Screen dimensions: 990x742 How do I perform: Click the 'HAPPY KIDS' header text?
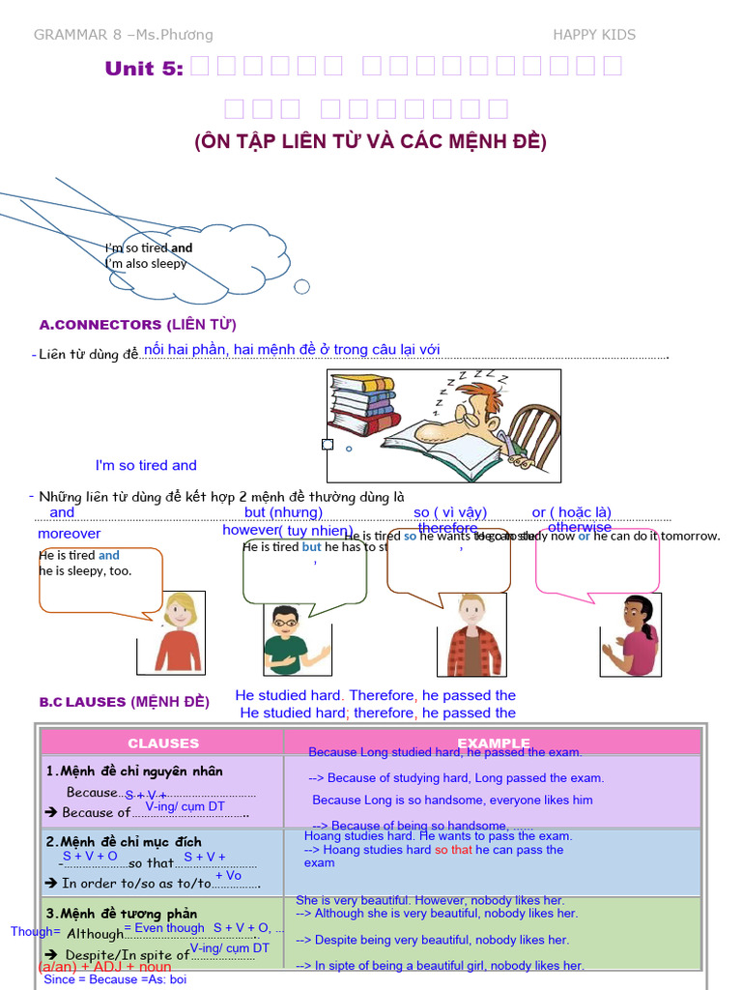[x=593, y=35]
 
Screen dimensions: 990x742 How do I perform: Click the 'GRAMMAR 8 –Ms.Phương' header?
[x=123, y=35]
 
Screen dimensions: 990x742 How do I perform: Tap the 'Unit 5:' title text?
[x=143, y=68]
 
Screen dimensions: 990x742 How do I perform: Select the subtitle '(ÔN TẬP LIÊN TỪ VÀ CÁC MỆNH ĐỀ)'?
[x=370, y=141]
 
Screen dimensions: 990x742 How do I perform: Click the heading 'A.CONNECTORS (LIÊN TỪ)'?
[x=137, y=324]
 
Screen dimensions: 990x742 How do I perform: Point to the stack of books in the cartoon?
[x=363, y=403]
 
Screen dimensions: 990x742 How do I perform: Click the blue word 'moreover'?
[x=69, y=534]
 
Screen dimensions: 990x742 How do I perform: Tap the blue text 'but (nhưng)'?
[x=283, y=512]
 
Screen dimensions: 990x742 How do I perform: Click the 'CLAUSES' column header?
[x=163, y=742]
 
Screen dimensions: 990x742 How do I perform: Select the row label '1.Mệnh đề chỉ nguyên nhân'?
[x=134, y=771]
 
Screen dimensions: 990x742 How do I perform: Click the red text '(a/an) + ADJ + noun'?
[x=104, y=966]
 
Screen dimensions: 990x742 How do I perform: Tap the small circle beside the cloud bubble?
[x=301, y=286]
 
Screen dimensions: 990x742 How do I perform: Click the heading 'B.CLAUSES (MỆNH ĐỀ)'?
[x=124, y=702]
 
